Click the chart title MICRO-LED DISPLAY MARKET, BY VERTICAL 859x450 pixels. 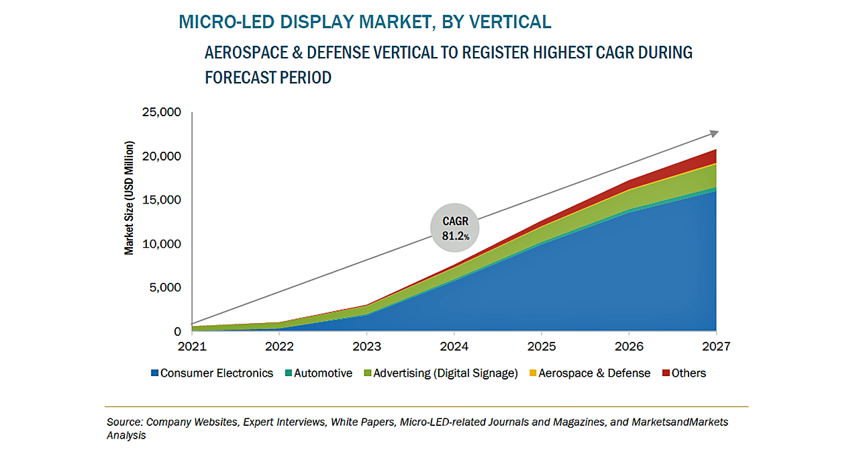click(x=364, y=21)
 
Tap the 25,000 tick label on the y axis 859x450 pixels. click(x=162, y=112)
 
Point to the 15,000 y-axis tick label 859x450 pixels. click(x=162, y=200)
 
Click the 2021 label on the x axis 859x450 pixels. click(x=192, y=347)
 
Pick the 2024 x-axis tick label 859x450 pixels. click(x=454, y=347)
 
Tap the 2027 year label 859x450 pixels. click(x=716, y=347)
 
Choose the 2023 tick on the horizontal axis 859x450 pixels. click(x=366, y=347)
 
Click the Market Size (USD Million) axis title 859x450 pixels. click(x=130, y=198)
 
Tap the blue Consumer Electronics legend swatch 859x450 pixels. click(x=155, y=373)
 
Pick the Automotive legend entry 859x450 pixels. click(x=317, y=373)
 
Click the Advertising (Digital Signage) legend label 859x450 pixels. click(x=445, y=373)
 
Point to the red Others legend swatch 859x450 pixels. click(x=666, y=373)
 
